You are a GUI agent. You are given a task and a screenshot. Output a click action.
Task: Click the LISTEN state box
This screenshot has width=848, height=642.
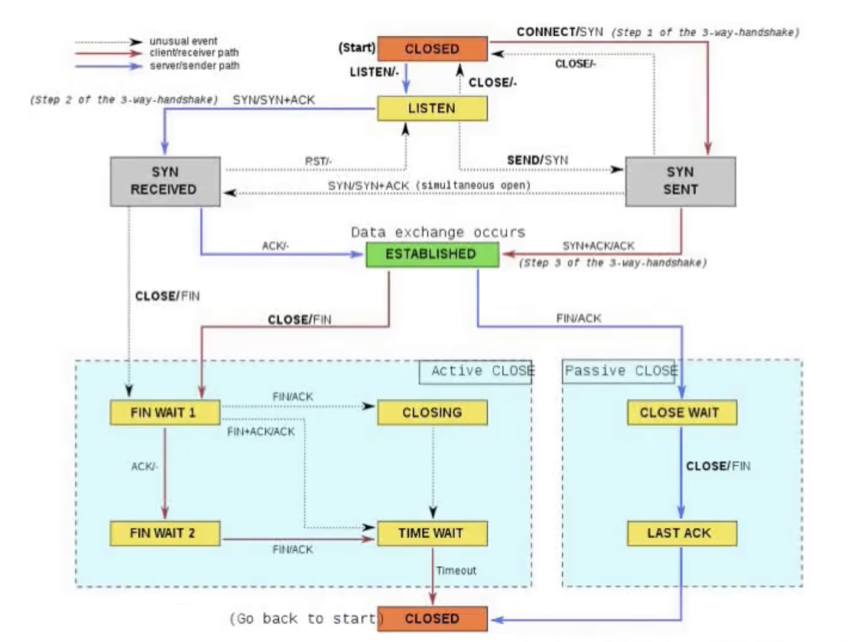click(x=432, y=109)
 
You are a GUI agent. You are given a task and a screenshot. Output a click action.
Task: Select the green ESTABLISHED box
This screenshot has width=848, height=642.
click(x=432, y=254)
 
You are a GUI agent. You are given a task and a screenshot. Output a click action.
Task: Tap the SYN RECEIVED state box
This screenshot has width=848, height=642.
click(x=165, y=181)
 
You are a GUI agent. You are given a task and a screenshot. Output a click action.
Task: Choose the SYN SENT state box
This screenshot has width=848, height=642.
click(x=680, y=181)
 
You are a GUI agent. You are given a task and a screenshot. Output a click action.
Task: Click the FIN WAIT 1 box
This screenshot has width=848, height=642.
click(x=165, y=412)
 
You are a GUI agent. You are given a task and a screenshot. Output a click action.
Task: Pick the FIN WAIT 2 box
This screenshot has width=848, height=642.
click(x=165, y=533)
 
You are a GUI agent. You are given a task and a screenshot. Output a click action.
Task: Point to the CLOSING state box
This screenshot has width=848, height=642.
click(x=432, y=412)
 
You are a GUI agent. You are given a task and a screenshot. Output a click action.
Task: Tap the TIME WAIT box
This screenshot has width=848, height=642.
click(x=432, y=533)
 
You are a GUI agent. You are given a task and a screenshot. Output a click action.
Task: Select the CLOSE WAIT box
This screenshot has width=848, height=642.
click(x=681, y=412)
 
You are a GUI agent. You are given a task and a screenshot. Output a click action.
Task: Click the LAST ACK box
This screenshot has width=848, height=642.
click(x=681, y=533)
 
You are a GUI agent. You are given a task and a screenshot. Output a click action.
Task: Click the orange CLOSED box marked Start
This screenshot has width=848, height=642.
click(x=432, y=49)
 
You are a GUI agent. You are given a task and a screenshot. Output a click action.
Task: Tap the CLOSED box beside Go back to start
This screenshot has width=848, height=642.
click(x=432, y=619)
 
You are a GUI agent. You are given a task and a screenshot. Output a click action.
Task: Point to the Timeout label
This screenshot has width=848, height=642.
click(x=456, y=571)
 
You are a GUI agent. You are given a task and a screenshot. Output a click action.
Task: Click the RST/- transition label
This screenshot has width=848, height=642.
click(x=318, y=161)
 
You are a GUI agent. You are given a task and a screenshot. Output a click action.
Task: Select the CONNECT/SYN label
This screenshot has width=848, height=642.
click(x=559, y=32)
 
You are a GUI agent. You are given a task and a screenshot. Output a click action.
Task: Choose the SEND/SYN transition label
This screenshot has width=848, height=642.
click(x=537, y=160)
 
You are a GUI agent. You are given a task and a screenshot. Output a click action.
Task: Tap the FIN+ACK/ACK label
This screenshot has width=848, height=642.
click(x=261, y=432)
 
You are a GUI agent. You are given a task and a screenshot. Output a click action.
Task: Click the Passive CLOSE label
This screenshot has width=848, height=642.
click(x=620, y=371)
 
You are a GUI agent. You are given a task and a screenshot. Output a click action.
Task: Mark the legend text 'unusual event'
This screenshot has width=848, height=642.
click(x=183, y=41)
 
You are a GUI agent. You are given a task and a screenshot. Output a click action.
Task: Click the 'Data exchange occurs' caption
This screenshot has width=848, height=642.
click(x=438, y=232)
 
